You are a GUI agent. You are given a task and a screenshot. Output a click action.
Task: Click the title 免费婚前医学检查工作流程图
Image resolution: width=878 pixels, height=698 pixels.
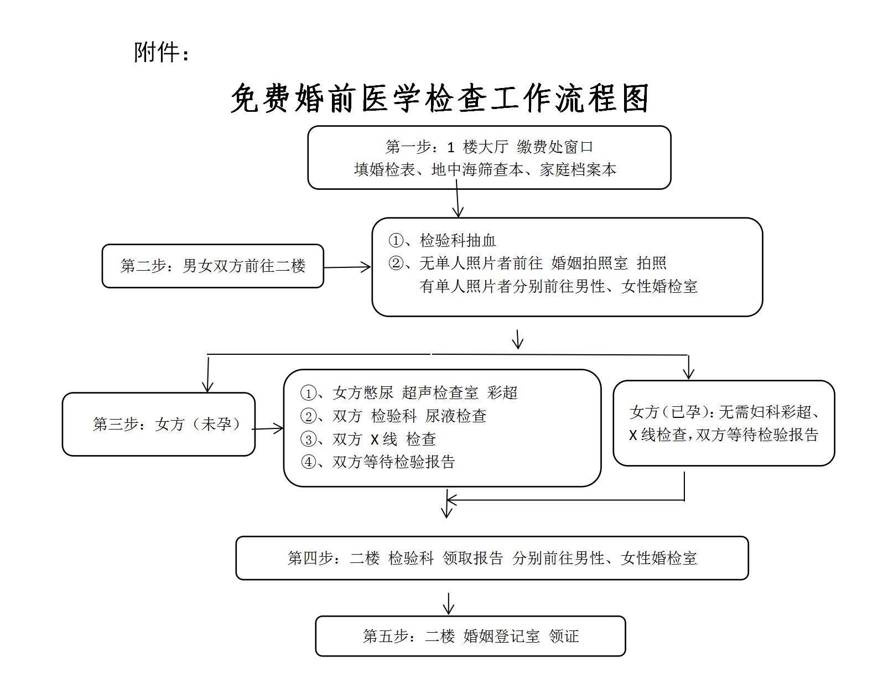pyautogui.click(x=439, y=99)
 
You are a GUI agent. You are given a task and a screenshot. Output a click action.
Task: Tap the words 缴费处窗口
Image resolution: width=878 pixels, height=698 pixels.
pyautogui.click(x=555, y=147)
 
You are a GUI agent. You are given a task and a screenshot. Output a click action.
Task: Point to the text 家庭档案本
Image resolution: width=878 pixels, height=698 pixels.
pyautogui.click(x=578, y=169)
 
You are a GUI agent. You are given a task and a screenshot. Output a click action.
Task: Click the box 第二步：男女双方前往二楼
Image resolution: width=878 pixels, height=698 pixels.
pyautogui.click(x=213, y=266)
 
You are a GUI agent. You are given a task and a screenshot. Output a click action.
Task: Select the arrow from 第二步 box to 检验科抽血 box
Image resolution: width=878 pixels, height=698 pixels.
pyautogui.click(x=347, y=267)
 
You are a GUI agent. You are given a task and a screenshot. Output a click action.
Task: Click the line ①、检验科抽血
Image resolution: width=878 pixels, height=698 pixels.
pyautogui.click(x=443, y=240)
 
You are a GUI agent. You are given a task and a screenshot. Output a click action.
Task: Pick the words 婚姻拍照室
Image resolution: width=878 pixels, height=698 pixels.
pyautogui.click(x=590, y=263)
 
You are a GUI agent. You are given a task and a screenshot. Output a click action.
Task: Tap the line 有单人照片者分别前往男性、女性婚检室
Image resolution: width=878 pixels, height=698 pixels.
pyautogui.click(x=558, y=286)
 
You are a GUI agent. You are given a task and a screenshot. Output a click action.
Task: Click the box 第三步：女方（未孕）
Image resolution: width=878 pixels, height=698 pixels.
pyautogui.click(x=159, y=424)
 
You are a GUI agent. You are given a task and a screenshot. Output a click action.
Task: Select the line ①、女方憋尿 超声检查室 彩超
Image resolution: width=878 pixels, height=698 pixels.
pyautogui.click(x=409, y=392)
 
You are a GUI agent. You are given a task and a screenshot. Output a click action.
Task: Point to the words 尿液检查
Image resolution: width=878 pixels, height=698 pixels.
pyautogui.click(x=456, y=416)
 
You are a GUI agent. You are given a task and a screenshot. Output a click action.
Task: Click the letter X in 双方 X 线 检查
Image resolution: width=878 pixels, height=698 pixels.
pyautogui.click(x=375, y=440)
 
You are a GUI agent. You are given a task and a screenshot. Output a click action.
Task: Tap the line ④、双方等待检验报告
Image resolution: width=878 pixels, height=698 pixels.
pyautogui.click(x=378, y=462)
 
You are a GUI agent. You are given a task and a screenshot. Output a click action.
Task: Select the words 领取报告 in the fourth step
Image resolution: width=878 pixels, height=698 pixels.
pyautogui.click(x=473, y=558)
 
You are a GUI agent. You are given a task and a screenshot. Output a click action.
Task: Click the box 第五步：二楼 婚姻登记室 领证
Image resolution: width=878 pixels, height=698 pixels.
pyautogui.click(x=470, y=636)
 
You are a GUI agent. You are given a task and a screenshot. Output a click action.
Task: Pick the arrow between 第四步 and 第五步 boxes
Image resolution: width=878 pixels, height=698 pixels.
pyautogui.click(x=449, y=603)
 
